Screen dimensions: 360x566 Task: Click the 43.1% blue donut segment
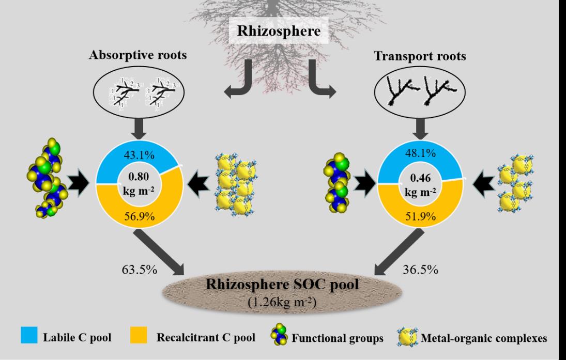click(x=139, y=154)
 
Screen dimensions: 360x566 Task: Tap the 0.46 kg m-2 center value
click(x=420, y=183)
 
